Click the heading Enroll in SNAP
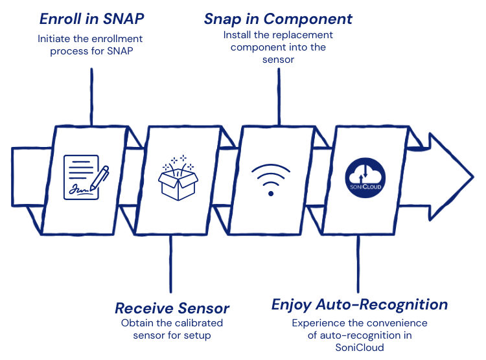92,18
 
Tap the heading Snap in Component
278,18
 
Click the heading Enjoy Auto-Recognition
359,304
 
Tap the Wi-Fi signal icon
270,179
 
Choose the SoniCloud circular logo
365,175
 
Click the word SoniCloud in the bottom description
359,347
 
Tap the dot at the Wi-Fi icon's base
270,192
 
